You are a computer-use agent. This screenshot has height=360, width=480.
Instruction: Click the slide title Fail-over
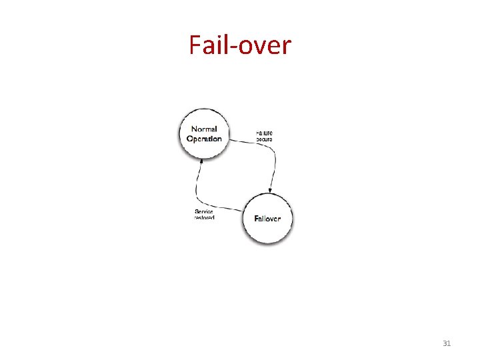[x=240, y=45]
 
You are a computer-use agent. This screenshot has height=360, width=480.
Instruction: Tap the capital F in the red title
[x=195, y=45]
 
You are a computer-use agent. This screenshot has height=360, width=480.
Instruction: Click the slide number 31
[x=447, y=343]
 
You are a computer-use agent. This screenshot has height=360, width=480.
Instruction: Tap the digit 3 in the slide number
[x=445, y=343]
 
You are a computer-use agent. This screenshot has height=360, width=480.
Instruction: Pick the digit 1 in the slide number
[x=449, y=343]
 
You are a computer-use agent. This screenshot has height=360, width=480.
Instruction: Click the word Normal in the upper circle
[x=204, y=129]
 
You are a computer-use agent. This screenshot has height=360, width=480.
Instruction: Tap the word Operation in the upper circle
[x=204, y=139]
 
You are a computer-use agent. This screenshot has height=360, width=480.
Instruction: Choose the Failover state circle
[x=267, y=218]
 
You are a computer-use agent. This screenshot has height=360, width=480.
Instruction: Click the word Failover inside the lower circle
[x=267, y=219]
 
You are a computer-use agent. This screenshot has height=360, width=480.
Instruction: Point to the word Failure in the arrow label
[x=264, y=133]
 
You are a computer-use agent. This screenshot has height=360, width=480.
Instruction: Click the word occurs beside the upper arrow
[x=264, y=139]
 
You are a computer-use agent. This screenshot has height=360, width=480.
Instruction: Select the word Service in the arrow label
[x=204, y=211]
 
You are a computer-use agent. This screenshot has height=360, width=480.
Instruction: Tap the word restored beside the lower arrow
[x=204, y=218]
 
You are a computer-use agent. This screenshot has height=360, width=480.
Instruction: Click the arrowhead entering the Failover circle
[x=269, y=191]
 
